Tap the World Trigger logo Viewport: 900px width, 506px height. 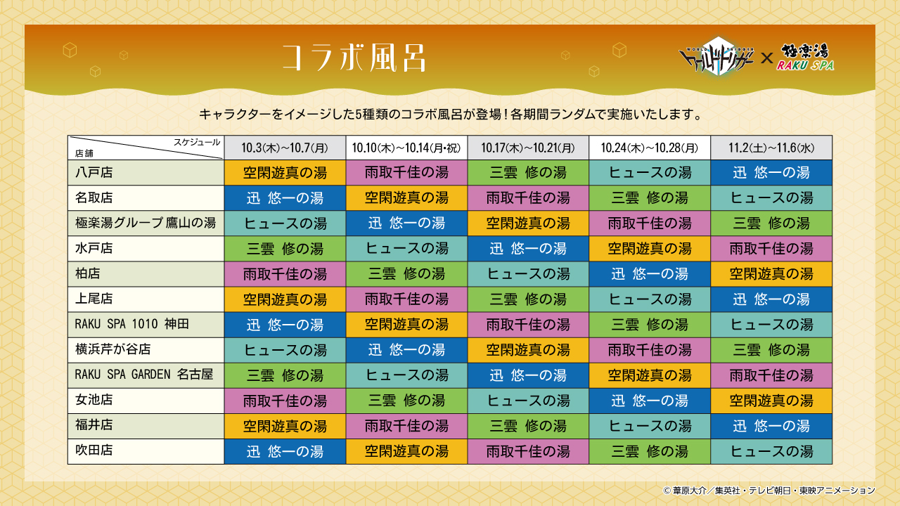coord(717,56)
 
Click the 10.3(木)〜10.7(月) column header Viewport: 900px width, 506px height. coord(285,148)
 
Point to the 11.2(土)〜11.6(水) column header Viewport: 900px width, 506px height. coord(771,148)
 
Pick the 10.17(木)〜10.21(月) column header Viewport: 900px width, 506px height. coord(528,148)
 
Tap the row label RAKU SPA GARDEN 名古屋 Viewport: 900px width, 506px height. coord(143,375)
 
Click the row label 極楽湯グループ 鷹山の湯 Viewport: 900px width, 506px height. coord(145,223)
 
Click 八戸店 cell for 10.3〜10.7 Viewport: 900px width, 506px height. coord(285,172)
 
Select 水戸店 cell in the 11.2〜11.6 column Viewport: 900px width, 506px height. coord(771,248)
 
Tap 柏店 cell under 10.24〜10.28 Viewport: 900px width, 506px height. coord(650,273)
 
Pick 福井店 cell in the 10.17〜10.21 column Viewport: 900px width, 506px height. coord(528,425)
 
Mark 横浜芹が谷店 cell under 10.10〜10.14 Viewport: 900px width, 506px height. coord(406,349)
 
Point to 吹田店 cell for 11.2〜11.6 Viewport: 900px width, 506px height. coord(771,450)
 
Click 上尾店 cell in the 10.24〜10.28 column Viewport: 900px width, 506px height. coord(650,299)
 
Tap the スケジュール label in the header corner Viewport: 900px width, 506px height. coord(197,142)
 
